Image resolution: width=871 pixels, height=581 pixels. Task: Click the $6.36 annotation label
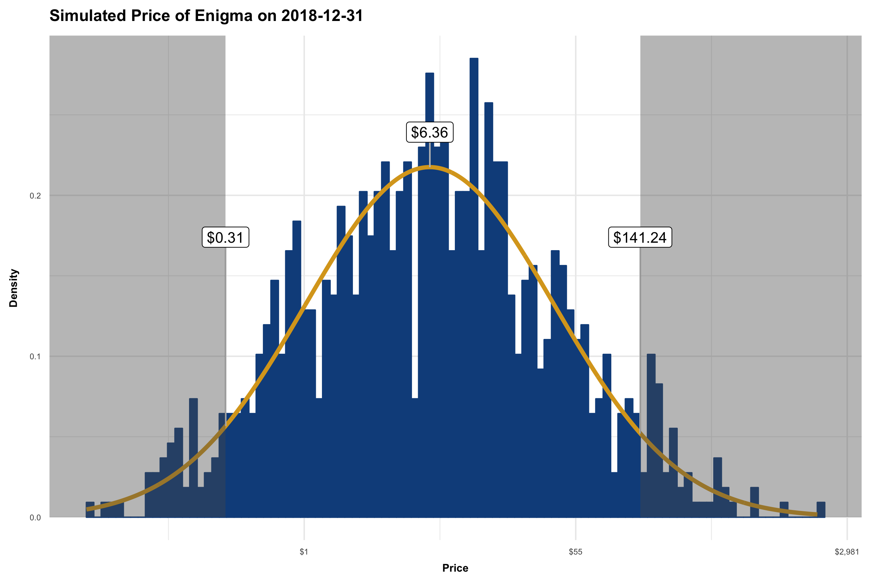(x=430, y=132)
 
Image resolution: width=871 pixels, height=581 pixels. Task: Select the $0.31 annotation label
(x=225, y=237)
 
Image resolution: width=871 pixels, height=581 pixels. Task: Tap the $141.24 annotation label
(x=640, y=237)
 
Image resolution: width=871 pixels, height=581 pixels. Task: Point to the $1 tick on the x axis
(x=304, y=552)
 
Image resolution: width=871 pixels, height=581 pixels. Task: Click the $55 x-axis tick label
(x=576, y=552)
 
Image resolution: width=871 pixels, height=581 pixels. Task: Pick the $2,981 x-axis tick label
(x=846, y=552)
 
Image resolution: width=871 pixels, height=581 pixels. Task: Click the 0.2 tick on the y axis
(x=35, y=196)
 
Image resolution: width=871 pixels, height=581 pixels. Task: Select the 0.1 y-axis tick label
(x=35, y=356)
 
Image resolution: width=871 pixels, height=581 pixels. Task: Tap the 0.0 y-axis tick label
(x=35, y=518)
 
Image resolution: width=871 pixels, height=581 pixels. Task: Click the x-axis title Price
(x=455, y=568)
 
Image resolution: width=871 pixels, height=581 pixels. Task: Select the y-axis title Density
(x=14, y=288)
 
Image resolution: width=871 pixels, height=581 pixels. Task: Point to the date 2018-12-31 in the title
(x=322, y=16)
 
